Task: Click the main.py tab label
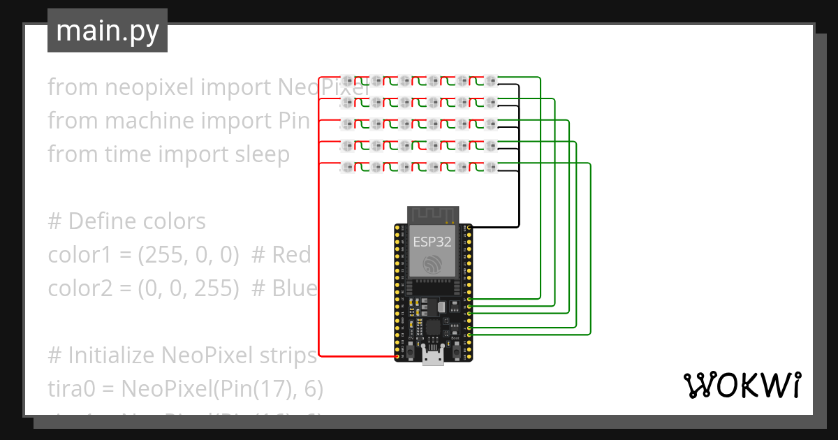[x=107, y=31]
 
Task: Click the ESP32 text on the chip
[x=432, y=242]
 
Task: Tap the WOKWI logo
[x=742, y=385]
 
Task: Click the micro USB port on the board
[x=433, y=358]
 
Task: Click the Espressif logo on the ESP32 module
[x=432, y=264]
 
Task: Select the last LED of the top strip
[x=491, y=80]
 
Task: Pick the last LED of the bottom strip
[x=491, y=167]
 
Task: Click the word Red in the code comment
[x=291, y=255]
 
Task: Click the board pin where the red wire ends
[x=397, y=357]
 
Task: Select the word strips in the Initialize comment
[x=286, y=355]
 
